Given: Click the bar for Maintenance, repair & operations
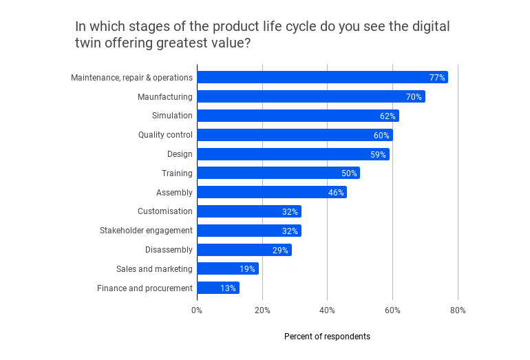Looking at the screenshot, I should pos(322,77).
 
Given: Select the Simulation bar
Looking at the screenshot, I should pos(297,116).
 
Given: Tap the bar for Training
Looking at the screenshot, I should pos(278,173).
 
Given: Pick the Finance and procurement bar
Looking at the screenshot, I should pos(218,288).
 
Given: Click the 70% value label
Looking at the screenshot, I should pos(414,97).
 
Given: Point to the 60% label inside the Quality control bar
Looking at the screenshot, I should pos(381,136).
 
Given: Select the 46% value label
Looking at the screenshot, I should pos(336,193).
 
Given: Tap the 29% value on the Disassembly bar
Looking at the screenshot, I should pos(280,250).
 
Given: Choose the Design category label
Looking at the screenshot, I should pos(180,154).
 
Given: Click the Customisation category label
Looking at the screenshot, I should pos(165,211).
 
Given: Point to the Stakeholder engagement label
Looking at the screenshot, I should pos(146,231).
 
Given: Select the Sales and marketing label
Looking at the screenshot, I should pos(155,269).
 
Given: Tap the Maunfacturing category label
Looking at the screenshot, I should pos(165,97).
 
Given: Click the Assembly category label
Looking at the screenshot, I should pos(174,193).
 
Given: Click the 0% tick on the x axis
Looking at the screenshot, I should pos(197,310).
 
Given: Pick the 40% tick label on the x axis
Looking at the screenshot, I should pos(327,310).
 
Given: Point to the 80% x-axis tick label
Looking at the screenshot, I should pos(458,310).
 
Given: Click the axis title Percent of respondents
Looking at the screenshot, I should pos(327,337).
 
